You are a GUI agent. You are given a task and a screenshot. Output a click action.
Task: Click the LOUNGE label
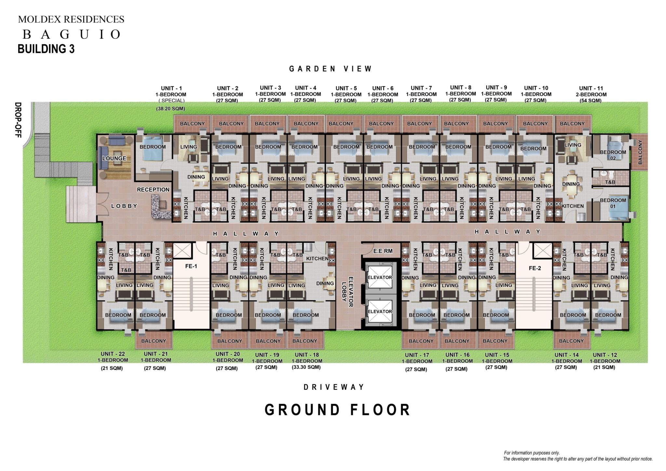[x=114, y=158]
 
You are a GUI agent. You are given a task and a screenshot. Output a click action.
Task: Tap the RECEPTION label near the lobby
[x=153, y=190]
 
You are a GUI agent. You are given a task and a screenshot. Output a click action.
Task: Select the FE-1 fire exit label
[x=191, y=266]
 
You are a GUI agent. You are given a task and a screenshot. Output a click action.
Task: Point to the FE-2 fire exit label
[x=535, y=268]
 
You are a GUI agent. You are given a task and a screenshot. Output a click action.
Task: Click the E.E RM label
[x=383, y=251]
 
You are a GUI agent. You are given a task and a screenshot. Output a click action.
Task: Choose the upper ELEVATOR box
[x=380, y=277]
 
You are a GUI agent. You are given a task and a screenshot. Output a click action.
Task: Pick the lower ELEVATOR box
[x=380, y=312]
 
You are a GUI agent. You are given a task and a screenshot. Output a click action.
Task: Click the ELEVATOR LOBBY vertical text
[x=348, y=291]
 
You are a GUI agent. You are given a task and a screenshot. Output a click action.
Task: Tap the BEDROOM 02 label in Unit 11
[x=613, y=155]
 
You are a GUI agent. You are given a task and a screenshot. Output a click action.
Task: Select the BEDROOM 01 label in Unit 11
[x=613, y=203]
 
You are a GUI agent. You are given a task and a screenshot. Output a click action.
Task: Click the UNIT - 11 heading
[x=591, y=88]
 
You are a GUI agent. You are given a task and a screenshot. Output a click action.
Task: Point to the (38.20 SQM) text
[x=170, y=109]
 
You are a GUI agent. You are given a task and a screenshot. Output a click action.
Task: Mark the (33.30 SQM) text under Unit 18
[x=306, y=367]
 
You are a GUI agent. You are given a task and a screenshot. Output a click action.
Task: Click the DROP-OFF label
[x=18, y=120]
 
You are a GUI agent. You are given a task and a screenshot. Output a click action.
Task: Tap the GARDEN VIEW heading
[x=330, y=69]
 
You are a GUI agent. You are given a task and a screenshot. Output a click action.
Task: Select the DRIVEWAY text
[x=334, y=387]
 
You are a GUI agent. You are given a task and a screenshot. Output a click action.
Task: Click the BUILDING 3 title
[x=46, y=49]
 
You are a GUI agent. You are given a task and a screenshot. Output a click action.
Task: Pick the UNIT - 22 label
[x=113, y=354]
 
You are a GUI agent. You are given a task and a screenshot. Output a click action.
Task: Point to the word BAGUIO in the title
[x=71, y=34]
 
